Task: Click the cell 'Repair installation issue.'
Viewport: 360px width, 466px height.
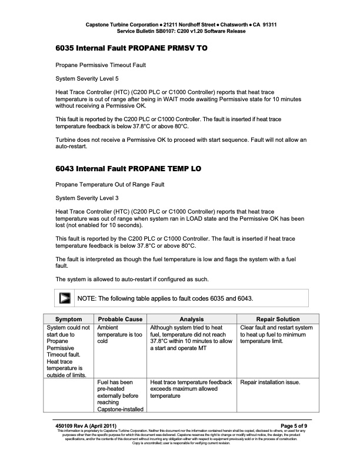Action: [271, 382]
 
